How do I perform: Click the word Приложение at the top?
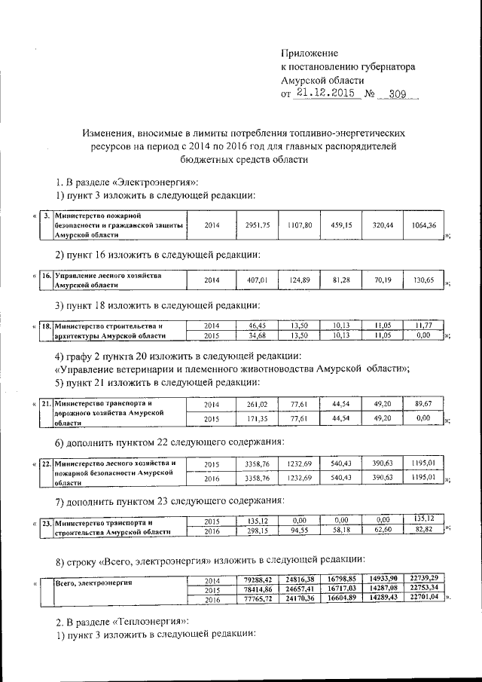[310, 53]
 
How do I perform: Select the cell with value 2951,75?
[257, 225]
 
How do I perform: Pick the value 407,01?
[258, 281]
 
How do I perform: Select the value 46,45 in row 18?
[258, 325]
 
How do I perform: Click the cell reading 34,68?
[258, 335]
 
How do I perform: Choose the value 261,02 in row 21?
[258, 405]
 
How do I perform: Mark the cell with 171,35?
[258, 417]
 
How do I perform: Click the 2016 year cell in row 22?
[212, 477]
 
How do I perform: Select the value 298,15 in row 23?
[258, 531]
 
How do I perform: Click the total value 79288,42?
[258, 578]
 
